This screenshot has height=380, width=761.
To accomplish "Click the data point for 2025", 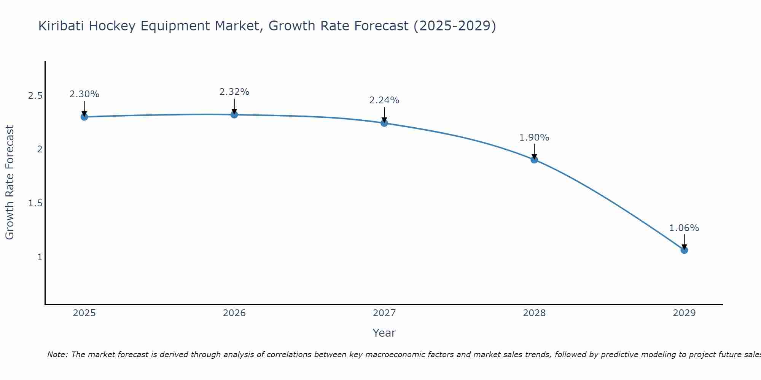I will [x=84, y=117].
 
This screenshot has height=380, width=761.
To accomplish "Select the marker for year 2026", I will [x=234, y=114].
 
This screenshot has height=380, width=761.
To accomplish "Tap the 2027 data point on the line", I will [x=384, y=123].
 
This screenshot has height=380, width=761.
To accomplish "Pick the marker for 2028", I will [x=534, y=160].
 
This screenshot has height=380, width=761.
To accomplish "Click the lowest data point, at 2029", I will [x=684, y=250].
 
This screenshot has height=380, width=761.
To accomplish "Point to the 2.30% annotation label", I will [x=84, y=94].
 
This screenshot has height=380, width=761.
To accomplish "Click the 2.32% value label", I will [x=234, y=92].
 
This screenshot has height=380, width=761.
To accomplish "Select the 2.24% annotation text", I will [x=384, y=100].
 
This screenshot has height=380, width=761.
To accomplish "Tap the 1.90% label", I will [x=534, y=138].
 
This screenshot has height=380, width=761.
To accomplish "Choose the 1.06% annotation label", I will [x=684, y=228].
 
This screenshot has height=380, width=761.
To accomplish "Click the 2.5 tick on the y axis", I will [x=35, y=96].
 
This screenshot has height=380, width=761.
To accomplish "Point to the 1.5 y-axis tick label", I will [x=35, y=203].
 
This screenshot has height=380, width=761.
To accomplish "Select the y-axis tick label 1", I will [x=39, y=257].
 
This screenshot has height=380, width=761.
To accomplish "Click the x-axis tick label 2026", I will [x=234, y=313].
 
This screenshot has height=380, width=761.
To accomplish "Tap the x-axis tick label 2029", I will [x=684, y=313].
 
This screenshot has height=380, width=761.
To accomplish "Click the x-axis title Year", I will [x=384, y=333].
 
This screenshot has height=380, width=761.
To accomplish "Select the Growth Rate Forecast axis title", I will [x=10, y=182].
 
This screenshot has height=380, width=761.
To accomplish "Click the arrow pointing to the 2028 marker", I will [x=534, y=151].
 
